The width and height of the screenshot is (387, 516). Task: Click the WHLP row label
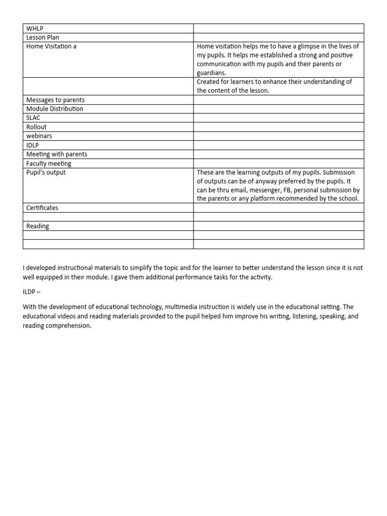(x=35, y=28)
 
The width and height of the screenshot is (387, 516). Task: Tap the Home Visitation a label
(x=51, y=46)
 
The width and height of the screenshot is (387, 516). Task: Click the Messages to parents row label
(x=55, y=100)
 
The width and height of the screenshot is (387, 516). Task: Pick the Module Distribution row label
(x=55, y=109)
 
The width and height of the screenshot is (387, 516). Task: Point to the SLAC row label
(x=33, y=118)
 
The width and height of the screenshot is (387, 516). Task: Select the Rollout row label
(x=36, y=127)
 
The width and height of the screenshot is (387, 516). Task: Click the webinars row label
(x=39, y=136)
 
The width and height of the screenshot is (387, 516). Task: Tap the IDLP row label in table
(x=33, y=145)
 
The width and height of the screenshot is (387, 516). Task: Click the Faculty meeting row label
(x=49, y=163)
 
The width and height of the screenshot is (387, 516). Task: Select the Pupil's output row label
(x=46, y=172)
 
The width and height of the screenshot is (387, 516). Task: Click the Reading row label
(x=38, y=226)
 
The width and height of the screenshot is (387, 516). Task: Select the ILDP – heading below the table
(x=34, y=292)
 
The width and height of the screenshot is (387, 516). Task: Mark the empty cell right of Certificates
(x=278, y=208)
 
